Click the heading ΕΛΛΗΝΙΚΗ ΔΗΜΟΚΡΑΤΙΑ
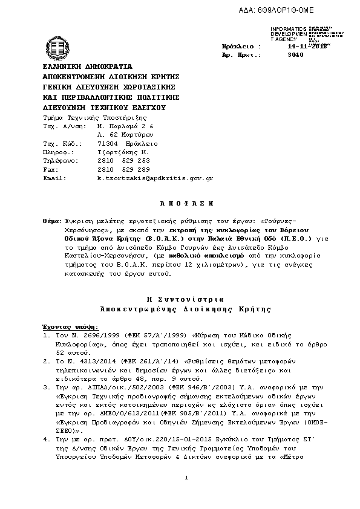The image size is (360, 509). click(x=87, y=66)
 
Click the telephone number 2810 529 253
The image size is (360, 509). click(x=123, y=161)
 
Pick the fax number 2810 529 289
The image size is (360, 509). click(x=123, y=170)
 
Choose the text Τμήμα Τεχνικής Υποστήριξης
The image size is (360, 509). click(x=94, y=118)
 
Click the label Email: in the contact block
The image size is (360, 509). click(x=54, y=178)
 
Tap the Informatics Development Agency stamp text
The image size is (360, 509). click(x=289, y=34)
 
